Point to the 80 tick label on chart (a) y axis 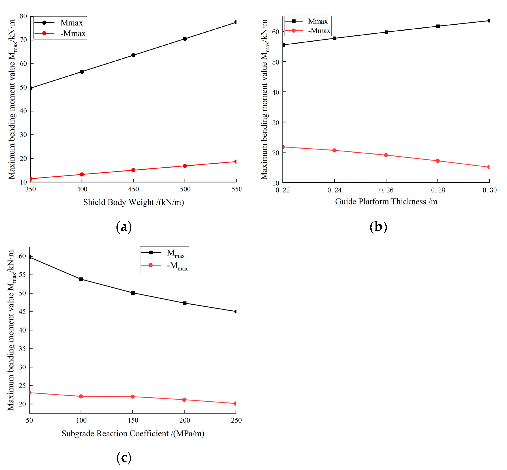tap(23, 16)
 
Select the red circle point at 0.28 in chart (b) tap(438, 161)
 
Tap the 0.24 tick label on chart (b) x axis tap(334, 190)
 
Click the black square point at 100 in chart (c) tap(81, 279)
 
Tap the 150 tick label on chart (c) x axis tap(133, 420)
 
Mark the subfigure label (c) tap(124, 458)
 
